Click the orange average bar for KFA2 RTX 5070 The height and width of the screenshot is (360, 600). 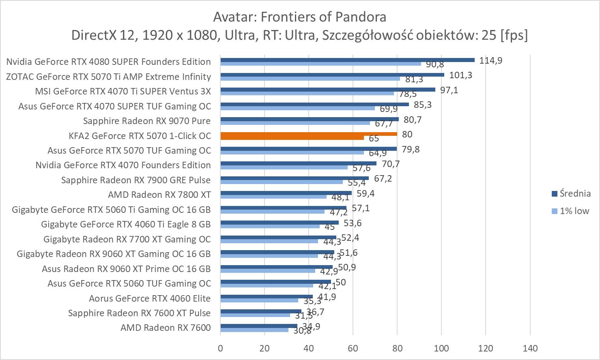coord(308,134)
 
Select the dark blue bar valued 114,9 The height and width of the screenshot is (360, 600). coord(347,60)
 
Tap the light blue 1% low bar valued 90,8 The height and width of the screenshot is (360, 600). coord(320,64)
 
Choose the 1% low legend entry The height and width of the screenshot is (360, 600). coord(574,211)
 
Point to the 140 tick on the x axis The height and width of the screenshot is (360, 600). coord(530,348)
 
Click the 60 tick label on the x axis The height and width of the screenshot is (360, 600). coord(353,348)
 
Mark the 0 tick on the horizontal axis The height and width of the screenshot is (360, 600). coord(220,348)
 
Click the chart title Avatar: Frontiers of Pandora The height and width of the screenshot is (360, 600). coord(299,17)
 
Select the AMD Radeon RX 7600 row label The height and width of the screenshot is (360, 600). coord(166,328)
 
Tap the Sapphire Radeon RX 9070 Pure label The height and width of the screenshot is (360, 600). coord(147,121)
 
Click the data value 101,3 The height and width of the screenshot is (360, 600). coord(460,75)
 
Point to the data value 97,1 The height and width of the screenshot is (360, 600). coord(449,90)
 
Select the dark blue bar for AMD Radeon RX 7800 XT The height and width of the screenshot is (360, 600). coord(286,193)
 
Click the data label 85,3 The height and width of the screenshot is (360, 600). coord(423,105)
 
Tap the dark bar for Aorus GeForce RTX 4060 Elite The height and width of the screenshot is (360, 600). coord(267,297)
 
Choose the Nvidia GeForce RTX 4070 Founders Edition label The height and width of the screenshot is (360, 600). coord(123,165)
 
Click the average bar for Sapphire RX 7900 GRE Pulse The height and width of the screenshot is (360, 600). coord(295,178)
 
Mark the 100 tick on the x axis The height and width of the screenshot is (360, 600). coord(441,348)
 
